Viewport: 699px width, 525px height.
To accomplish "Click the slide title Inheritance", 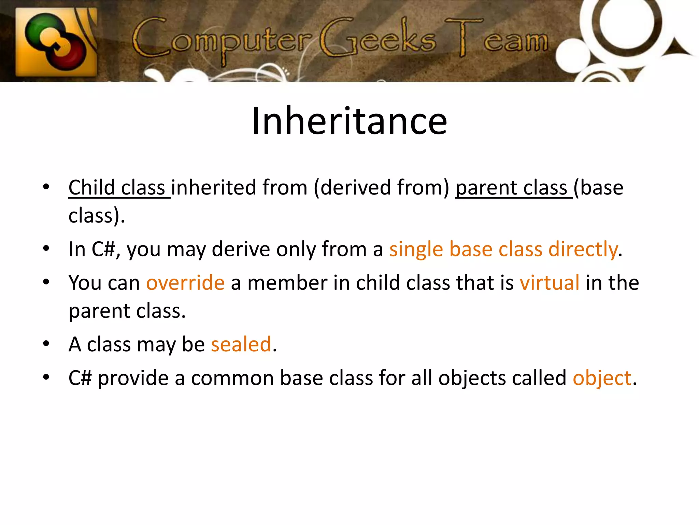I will (349, 121).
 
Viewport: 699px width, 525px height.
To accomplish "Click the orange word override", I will (185, 283).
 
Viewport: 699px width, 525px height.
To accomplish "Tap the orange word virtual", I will (550, 283).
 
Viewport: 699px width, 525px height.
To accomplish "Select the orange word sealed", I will (241, 344).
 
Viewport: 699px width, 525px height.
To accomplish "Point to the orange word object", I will (602, 378).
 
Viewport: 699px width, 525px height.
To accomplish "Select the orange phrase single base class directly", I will (504, 249).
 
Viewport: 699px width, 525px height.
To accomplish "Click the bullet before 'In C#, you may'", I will (46, 248).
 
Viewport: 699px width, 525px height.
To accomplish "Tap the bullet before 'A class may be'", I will (46, 344).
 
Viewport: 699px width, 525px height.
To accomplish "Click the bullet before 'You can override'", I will (46, 282).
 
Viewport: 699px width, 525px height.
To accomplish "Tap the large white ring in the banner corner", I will (620, 24).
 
